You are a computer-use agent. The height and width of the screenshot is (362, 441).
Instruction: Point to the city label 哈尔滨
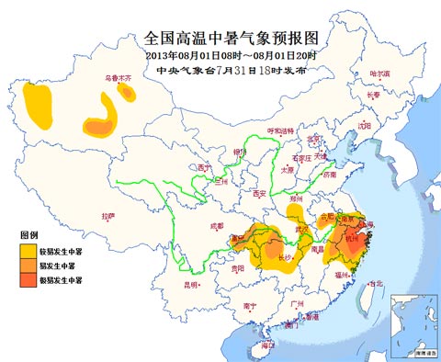[x=379, y=73]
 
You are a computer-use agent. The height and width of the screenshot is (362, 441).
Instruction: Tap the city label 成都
[x=216, y=225]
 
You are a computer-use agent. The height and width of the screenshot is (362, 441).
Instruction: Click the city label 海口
[x=267, y=345]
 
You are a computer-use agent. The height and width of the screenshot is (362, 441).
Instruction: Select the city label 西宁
[x=203, y=168]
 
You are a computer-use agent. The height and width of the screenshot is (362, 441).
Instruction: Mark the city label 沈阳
[x=365, y=125]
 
